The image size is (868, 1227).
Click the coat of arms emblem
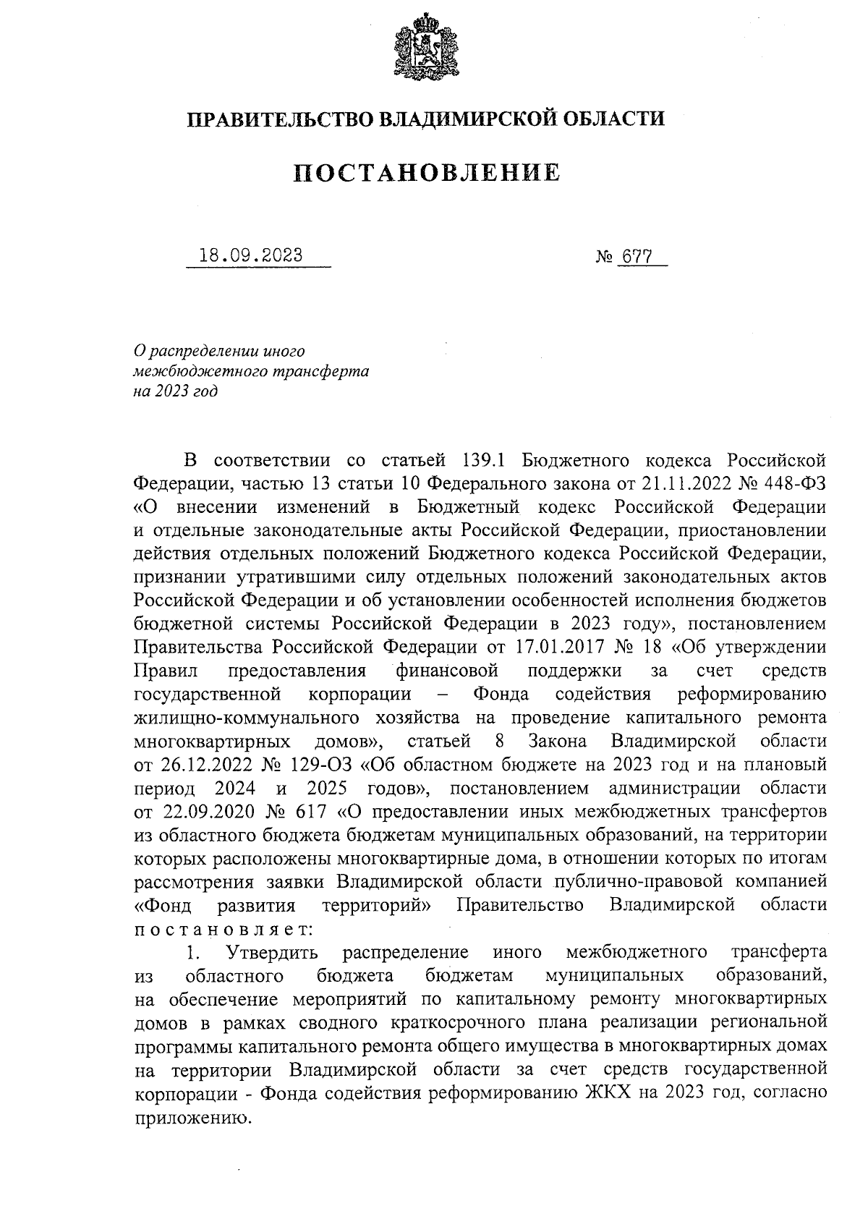[427, 47]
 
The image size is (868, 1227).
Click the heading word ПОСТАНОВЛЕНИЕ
[427, 173]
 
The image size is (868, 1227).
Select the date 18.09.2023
[252, 256]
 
